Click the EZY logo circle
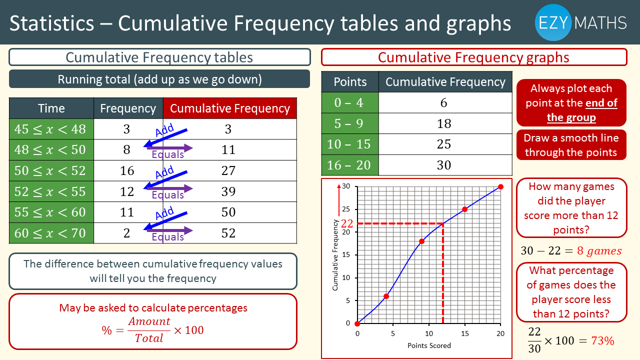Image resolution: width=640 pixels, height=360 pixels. point(553,22)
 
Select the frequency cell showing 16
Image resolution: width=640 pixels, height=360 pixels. point(127,171)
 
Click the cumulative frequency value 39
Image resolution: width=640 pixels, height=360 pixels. point(228,191)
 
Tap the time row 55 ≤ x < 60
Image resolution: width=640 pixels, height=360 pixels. point(50,212)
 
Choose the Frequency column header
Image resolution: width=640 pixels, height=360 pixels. point(128,108)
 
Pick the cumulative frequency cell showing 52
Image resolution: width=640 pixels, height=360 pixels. point(228,233)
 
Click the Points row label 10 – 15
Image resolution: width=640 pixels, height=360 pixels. point(349,144)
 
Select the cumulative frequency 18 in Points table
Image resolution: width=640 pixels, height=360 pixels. point(444,124)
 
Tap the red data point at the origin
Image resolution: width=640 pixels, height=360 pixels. point(357,323)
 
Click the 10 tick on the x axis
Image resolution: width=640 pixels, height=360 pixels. point(428,333)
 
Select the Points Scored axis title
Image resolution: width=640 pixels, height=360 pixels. point(429,345)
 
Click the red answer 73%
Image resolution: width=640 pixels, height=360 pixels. point(602,341)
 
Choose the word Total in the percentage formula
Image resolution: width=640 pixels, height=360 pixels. point(149,338)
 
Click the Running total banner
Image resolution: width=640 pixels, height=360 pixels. point(159,79)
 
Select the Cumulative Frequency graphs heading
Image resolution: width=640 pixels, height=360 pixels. point(473,57)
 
